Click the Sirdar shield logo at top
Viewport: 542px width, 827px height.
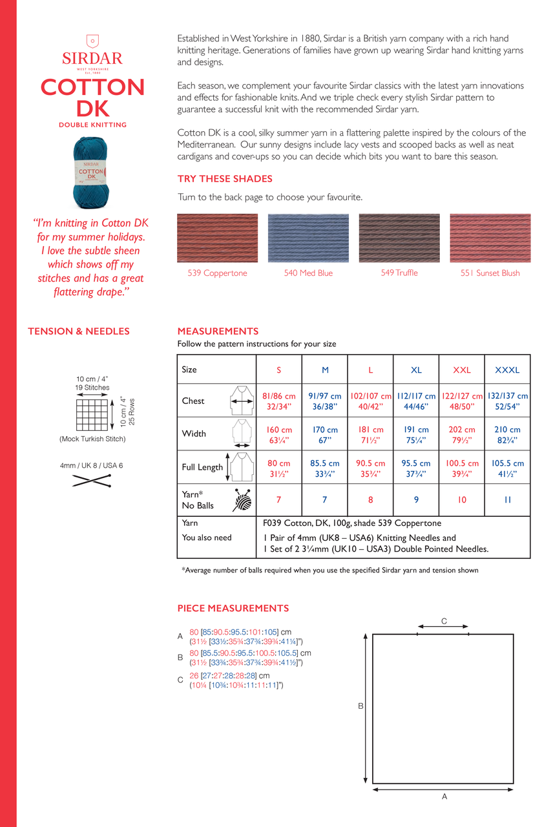[93, 41]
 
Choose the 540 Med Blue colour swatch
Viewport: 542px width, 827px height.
[308, 238]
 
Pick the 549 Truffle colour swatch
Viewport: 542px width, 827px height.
[399, 238]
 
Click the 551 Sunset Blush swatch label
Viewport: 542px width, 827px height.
[490, 273]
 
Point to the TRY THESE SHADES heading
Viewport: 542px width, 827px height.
[225, 179]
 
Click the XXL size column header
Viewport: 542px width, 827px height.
[461, 370]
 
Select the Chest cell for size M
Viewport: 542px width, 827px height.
[324, 401]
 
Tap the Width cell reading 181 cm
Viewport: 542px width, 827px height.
[370, 434]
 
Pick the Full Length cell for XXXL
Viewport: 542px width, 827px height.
[507, 468]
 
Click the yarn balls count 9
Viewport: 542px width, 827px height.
[416, 501]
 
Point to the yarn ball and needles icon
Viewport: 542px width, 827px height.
[243, 501]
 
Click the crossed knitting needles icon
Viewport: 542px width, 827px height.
[92, 479]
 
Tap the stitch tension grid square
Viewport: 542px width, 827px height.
[92, 413]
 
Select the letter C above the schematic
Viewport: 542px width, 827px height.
[444, 621]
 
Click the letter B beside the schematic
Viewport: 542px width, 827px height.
[360, 707]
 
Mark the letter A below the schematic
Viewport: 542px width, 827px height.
[444, 797]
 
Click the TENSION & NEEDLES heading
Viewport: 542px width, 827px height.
[79, 331]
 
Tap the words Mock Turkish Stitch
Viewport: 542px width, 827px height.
[92, 439]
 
